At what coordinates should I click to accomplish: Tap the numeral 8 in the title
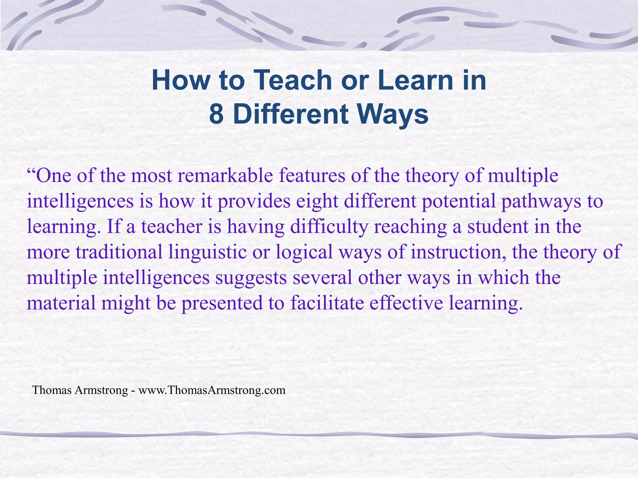[216, 114]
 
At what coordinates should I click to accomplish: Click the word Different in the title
[291, 114]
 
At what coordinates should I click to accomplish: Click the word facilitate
[327, 303]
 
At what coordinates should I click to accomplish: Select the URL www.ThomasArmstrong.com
[212, 390]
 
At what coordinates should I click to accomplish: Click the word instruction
[458, 252]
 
